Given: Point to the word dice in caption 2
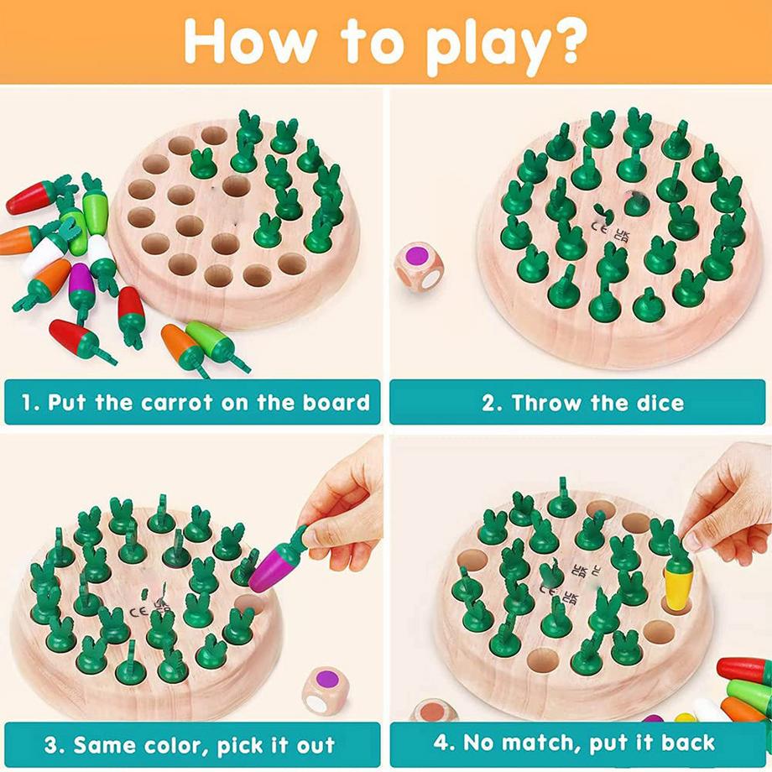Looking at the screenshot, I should point(659,403).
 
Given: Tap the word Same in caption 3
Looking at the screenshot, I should point(107,744).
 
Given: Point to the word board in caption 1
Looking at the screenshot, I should point(337,402).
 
